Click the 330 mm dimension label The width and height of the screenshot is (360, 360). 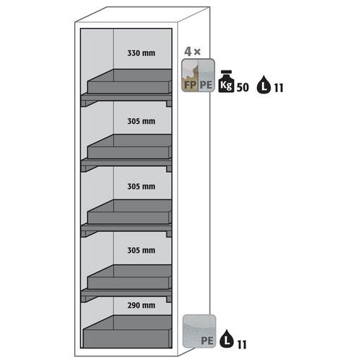[141, 53]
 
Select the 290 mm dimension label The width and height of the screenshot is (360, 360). [141, 305]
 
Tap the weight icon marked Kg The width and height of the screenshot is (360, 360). [226, 81]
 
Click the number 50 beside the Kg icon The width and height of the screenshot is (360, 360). [243, 88]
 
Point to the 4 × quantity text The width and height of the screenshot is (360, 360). [192, 52]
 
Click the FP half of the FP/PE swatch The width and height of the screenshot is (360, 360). [189, 75]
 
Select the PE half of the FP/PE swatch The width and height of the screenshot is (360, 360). [206, 75]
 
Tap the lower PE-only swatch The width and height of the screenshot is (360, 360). [199, 331]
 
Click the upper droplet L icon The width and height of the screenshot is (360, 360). [264, 84]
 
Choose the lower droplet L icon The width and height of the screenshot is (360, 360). [227, 338]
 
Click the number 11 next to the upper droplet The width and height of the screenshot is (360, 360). [279, 88]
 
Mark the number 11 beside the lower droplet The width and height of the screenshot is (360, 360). [242, 345]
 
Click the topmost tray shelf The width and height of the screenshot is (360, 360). [130, 81]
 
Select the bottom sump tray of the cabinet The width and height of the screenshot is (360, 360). [127, 332]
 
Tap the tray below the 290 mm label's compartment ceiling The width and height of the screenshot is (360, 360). [127, 332]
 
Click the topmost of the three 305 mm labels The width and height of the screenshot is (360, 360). [141, 121]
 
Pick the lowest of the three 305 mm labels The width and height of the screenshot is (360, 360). [141, 251]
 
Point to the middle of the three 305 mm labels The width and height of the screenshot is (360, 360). [141, 186]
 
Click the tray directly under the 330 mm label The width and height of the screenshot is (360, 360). [130, 81]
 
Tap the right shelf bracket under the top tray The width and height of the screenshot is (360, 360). [169, 104]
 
